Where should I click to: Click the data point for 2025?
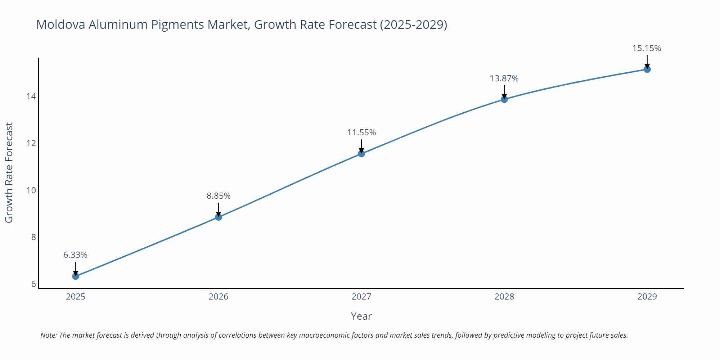(76, 276)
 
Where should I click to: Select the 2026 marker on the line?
(219, 217)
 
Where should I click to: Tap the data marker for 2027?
(361, 154)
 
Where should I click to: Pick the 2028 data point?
(504, 99)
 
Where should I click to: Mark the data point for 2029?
(647, 69)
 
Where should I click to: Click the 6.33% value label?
(75, 255)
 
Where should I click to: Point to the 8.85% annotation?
(219, 196)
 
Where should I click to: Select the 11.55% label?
(361, 132)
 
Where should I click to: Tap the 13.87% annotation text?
(504, 78)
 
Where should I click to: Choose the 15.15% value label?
(647, 48)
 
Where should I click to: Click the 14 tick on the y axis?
(31, 96)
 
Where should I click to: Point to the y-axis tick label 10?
(31, 190)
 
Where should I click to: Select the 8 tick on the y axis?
(33, 237)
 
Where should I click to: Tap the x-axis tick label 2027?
(361, 297)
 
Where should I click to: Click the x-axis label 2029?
(647, 297)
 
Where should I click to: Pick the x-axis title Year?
(361, 316)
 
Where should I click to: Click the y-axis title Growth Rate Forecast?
(9, 172)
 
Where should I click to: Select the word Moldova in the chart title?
(60, 24)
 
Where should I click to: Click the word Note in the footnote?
(48, 335)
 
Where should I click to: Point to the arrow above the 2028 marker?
(504, 91)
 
